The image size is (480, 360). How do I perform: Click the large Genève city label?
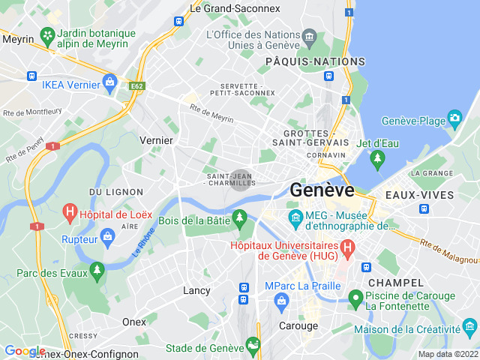click(322, 190)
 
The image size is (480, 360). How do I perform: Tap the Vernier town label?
click(156, 140)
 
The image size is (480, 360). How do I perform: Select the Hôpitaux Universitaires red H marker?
click(347, 246)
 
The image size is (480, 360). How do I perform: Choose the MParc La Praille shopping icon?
click(282, 301)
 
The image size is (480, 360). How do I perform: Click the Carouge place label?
click(298, 325)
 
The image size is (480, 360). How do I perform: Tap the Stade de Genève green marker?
click(253, 346)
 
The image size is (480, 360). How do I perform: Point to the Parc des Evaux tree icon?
click(96, 269)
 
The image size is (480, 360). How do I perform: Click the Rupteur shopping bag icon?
click(106, 238)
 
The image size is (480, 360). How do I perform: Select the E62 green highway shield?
click(136, 86)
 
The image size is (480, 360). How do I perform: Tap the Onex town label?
click(134, 322)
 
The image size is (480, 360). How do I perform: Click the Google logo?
click(25, 351)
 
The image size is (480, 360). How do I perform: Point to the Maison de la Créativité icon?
click(470, 326)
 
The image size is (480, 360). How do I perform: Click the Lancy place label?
click(196, 290)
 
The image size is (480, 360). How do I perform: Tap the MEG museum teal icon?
click(295, 218)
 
